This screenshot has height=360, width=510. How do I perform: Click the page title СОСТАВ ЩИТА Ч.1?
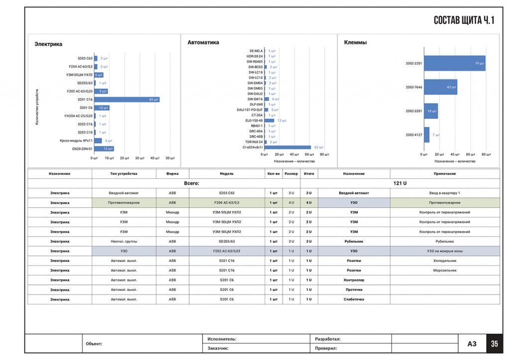pyautogui.click(x=463, y=20)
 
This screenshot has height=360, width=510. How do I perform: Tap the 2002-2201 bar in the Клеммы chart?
pyautogui.click(x=454, y=63)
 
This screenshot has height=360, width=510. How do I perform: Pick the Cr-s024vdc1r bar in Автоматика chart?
pyautogui.click(x=288, y=147)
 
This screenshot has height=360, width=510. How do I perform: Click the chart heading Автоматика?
pyautogui.click(x=203, y=43)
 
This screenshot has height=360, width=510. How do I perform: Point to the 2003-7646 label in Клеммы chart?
pyautogui.click(x=413, y=87)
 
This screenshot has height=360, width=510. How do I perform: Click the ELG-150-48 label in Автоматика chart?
pyautogui.click(x=254, y=120)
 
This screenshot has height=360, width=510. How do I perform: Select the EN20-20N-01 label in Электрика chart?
pyautogui.click(x=82, y=148)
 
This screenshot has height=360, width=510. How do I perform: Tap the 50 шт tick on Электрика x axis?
pyautogui.click(x=170, y=158)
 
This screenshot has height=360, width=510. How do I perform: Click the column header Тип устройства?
pyautogui.click(x=124, y=174)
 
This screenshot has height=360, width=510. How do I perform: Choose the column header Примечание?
pyautogui.click(x=444, y=174)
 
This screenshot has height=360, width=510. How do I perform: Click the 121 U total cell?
pyautogui.click(x=400, y=183)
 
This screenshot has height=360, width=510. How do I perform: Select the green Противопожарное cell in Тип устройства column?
pyautogui.click(x=124, y=203)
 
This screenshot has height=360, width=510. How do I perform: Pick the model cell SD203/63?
pyautogui.click(x=227, y=241)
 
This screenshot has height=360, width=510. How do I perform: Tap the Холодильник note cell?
pyautogui.click(x=444, y=261)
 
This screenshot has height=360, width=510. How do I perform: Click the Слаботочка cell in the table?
pyautogui.click(x=354, y=299)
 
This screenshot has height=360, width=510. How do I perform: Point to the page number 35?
pyautogui.click(x=494, y=344)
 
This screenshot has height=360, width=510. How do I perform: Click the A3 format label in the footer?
pyautogui.click(x=472, y=344)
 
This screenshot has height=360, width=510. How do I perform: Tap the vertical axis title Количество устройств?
pyautogui.click(x=37, y=107)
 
